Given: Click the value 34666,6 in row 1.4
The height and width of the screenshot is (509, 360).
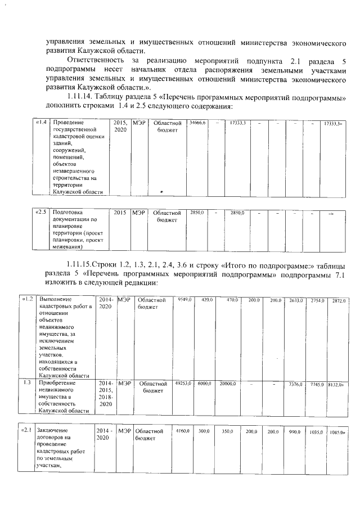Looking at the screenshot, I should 197,122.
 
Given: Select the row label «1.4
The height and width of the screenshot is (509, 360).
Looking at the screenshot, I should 40,122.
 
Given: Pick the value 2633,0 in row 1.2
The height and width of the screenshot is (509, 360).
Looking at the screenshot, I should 296,300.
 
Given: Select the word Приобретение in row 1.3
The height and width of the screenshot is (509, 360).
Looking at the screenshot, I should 58,383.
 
